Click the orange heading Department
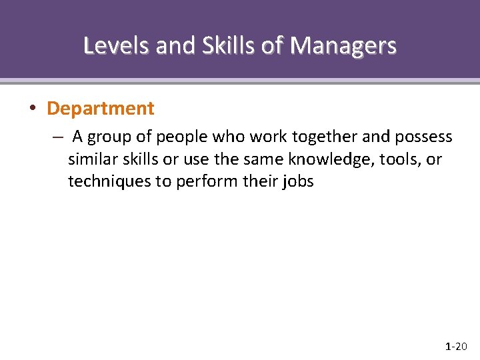coord(101,108)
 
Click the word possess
coord(423,137)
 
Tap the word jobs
coord(297,181)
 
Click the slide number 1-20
coord(456,346)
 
